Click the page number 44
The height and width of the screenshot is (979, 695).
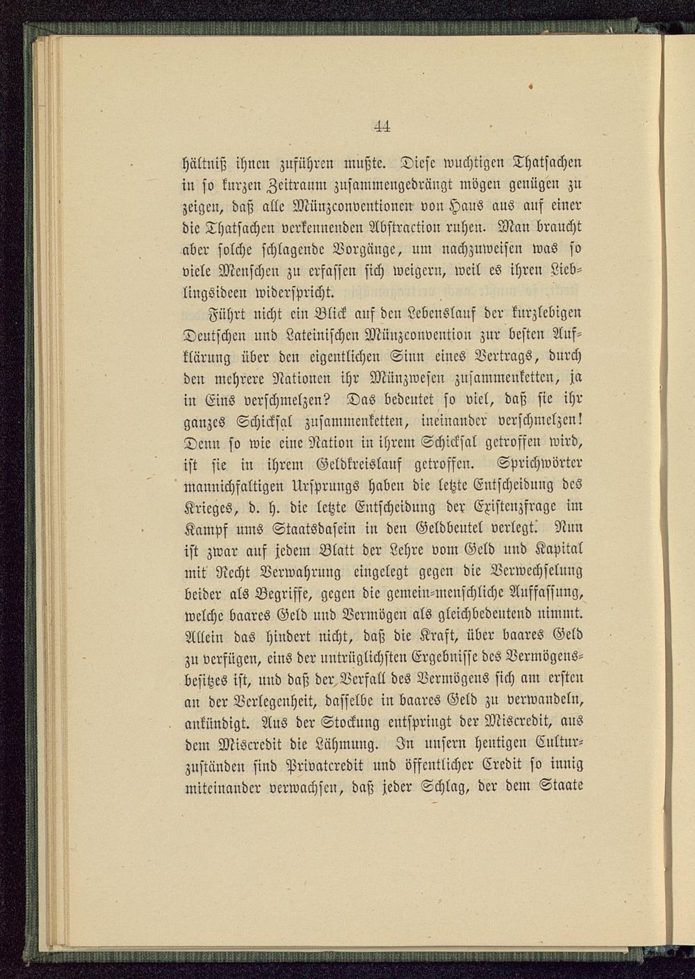click(382, 127)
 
